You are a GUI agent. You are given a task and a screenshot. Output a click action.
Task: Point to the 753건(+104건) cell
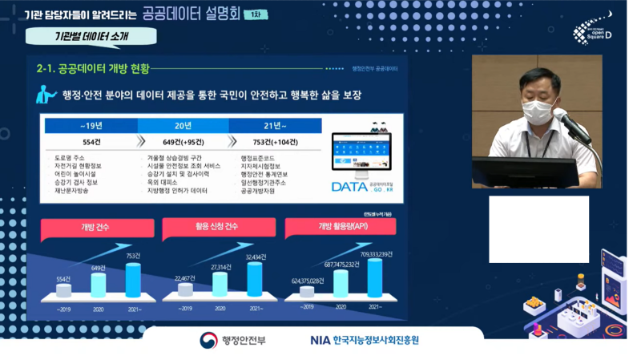tap(275, 142)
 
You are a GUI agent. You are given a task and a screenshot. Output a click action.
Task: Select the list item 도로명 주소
tap(72, 158)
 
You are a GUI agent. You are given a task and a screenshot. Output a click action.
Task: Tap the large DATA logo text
tap(349, 187)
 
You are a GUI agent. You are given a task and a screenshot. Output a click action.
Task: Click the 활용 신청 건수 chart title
tap(216, 227)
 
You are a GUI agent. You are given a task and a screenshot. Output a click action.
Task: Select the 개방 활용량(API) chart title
tap(339, 227)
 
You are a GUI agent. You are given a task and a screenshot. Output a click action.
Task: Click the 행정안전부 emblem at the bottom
tap(209, 340)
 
